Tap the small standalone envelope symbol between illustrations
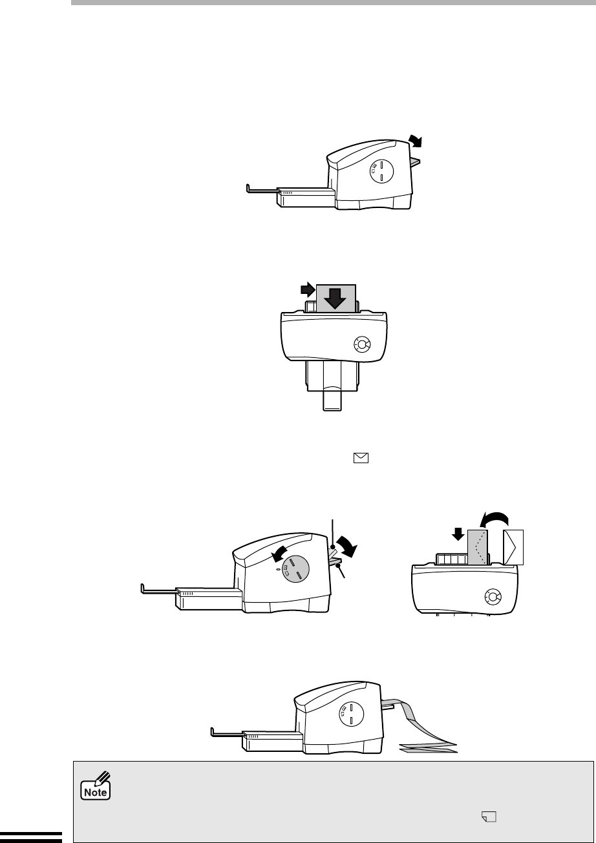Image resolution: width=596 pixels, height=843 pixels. [361, 457]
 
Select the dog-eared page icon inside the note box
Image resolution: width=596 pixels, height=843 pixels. [489, 817]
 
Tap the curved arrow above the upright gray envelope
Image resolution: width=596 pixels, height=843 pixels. [495, 520]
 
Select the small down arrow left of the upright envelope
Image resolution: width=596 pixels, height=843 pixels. [458, 534]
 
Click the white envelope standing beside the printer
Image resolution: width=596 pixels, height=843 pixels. [513, 547]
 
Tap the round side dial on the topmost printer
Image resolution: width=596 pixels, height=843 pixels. [381, 171]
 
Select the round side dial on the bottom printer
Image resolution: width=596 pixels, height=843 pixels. [351, 714]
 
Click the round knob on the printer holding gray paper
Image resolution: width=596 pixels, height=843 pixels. [362, 344]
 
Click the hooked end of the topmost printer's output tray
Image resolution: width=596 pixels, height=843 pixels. [248, 189]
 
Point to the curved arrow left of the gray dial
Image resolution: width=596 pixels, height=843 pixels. [279, 554]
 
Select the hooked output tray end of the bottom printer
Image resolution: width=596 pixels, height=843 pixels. [213, 732]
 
